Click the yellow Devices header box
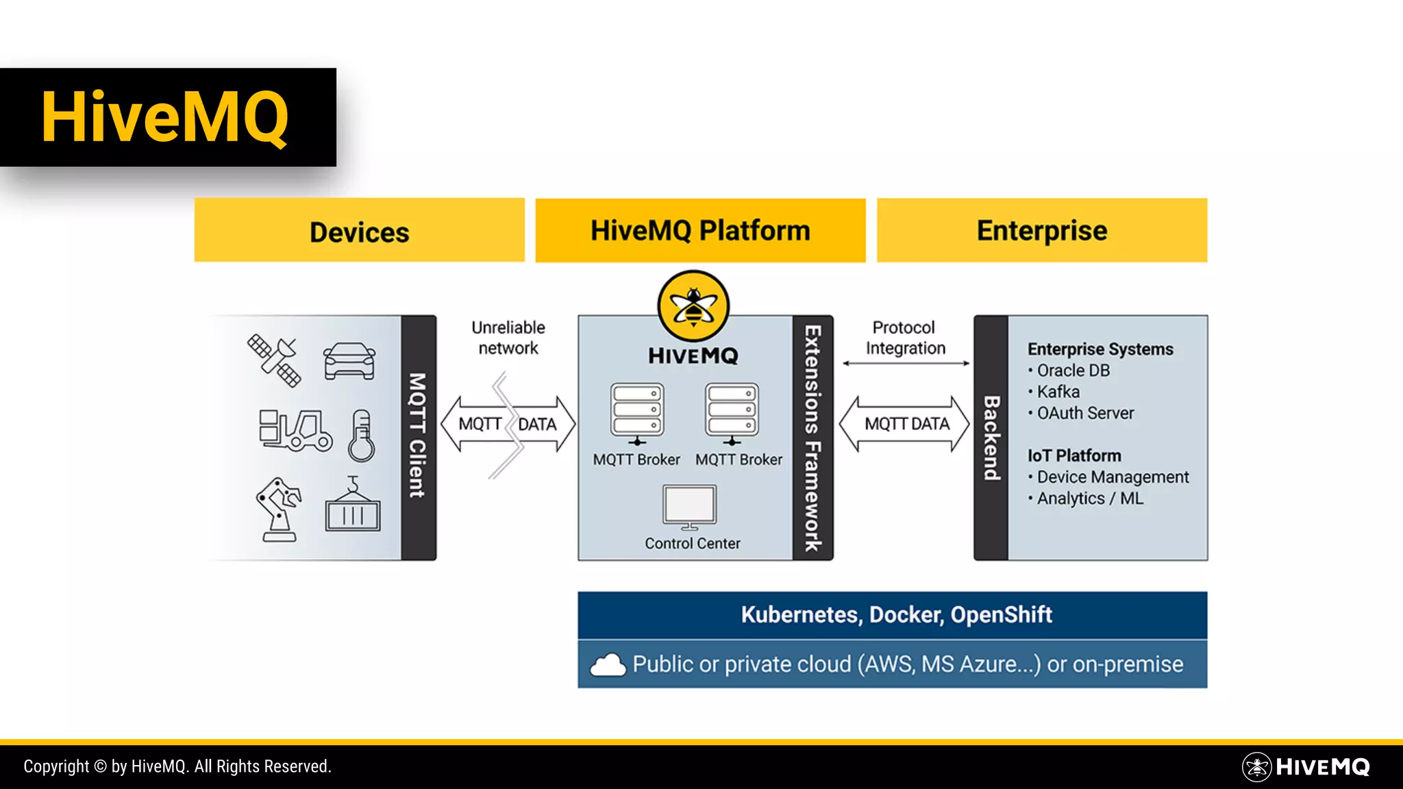[x=359, y=231]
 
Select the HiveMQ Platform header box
[x=700, y=231]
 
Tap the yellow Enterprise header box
[x=1041, y=231]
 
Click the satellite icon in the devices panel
[x=274, y=360]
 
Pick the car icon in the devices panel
[x=349, y=361]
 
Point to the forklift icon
[x=295, y=430]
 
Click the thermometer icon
[x=362, y=436]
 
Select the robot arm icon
[x=278, y=510]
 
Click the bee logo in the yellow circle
[x=693, y=306]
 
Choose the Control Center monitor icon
[x=690, y=507]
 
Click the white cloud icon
[x=608, y=665]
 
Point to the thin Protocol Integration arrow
[x=906, y=364]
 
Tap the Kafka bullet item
[x=1058, y=392]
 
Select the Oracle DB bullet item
[x=1073, y=371]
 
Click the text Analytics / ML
[x=1090, y=499]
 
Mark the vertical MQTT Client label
[x=418, y=436]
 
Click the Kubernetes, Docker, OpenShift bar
[x=892, y=615]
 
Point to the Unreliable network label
[x=508, y=338]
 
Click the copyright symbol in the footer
[x=100, y=766]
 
